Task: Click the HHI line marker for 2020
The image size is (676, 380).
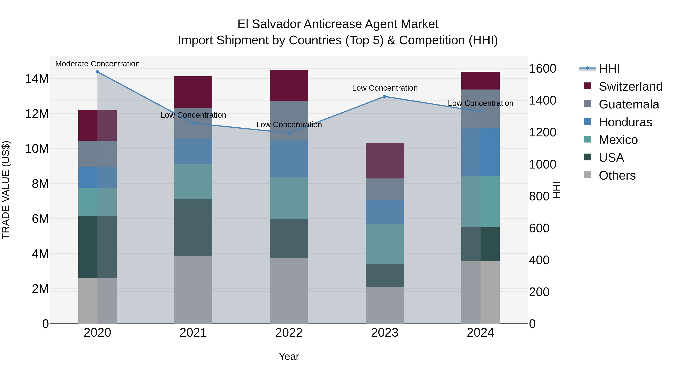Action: [x=97, y=72]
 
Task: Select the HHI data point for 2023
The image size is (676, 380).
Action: [x=385, y=96]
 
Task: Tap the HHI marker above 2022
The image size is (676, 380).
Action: [x=289, y=133]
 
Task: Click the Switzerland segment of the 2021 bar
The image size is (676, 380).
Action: [x=193, y=92]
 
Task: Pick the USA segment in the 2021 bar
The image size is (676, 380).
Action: [x=193, y=227]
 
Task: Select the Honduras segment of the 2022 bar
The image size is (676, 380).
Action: [x=289, y=159]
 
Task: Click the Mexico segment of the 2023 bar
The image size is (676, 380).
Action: [x=385, y=244]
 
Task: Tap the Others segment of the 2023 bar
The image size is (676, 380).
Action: [x=385, y=305]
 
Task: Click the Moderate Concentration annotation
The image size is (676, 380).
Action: [x=97, y=64]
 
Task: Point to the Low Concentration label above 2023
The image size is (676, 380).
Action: [x=385, y=88]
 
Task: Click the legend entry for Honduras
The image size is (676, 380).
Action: [x=625, y=122]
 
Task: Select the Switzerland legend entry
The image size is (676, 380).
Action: [x=630, y=87]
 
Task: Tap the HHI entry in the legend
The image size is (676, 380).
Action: [x=609, y=69]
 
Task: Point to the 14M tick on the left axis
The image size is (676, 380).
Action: [x=37, y=79]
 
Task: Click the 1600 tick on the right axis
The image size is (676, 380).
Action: [x=542, y=69]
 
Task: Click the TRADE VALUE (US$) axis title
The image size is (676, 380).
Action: [x=6, y=190]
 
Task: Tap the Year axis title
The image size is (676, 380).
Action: [x=289, y=356]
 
